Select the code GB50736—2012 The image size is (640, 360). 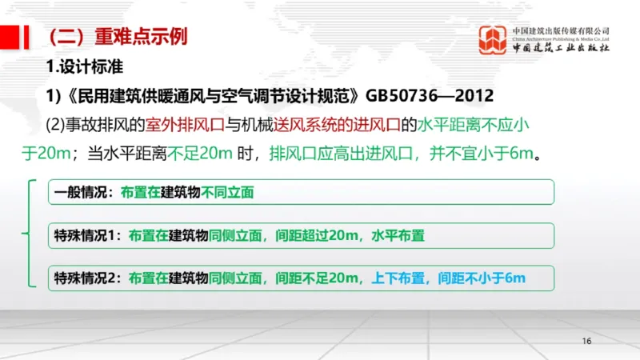click(430, 95)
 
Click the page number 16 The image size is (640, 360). click(586, 342)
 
